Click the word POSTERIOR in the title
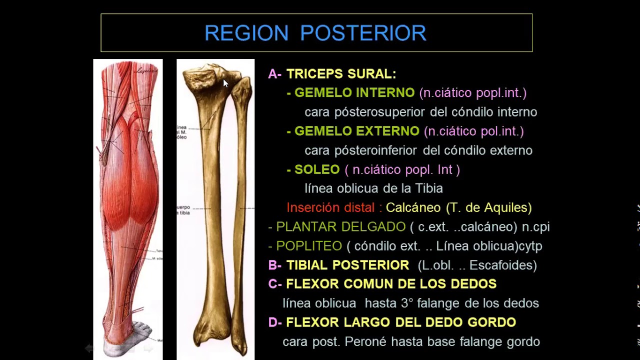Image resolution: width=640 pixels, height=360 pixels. [x=363, y=33]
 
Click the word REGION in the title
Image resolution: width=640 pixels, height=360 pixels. [x=246, y=33]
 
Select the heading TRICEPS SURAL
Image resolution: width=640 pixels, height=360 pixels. [x=341, y=74]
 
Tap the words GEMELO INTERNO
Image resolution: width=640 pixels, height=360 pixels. [x=354, y=93]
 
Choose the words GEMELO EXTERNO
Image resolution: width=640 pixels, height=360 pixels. [x=356, y=131]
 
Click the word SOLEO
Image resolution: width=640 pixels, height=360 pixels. [x=317, y=169]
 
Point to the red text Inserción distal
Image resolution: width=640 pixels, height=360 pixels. [x=330, y=207]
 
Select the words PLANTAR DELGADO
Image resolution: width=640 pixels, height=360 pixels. [x=340, y=227]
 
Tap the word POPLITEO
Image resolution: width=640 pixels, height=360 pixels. [x=309, y=246]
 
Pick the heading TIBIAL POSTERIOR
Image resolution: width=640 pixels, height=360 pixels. [x=347, y=265]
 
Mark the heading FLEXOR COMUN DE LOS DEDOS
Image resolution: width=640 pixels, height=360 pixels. [x=391, y=284]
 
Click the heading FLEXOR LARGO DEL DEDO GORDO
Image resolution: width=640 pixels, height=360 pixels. [x=401, y=322]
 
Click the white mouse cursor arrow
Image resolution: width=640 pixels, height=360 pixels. [x=225, y=83]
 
